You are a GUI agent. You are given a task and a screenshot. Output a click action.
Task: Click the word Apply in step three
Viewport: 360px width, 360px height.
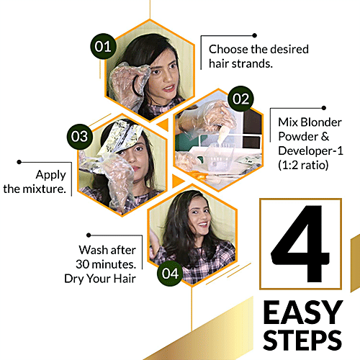[50, 174]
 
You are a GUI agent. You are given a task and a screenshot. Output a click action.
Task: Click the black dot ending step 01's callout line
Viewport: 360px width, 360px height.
[254, 32]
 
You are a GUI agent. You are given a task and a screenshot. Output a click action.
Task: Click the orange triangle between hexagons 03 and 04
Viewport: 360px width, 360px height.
[174, 178]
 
